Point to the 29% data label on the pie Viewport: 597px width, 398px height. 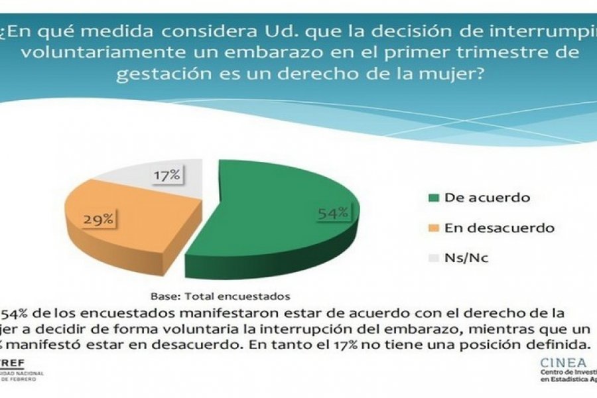[97, 219]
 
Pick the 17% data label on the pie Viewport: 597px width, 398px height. [167, 175]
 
